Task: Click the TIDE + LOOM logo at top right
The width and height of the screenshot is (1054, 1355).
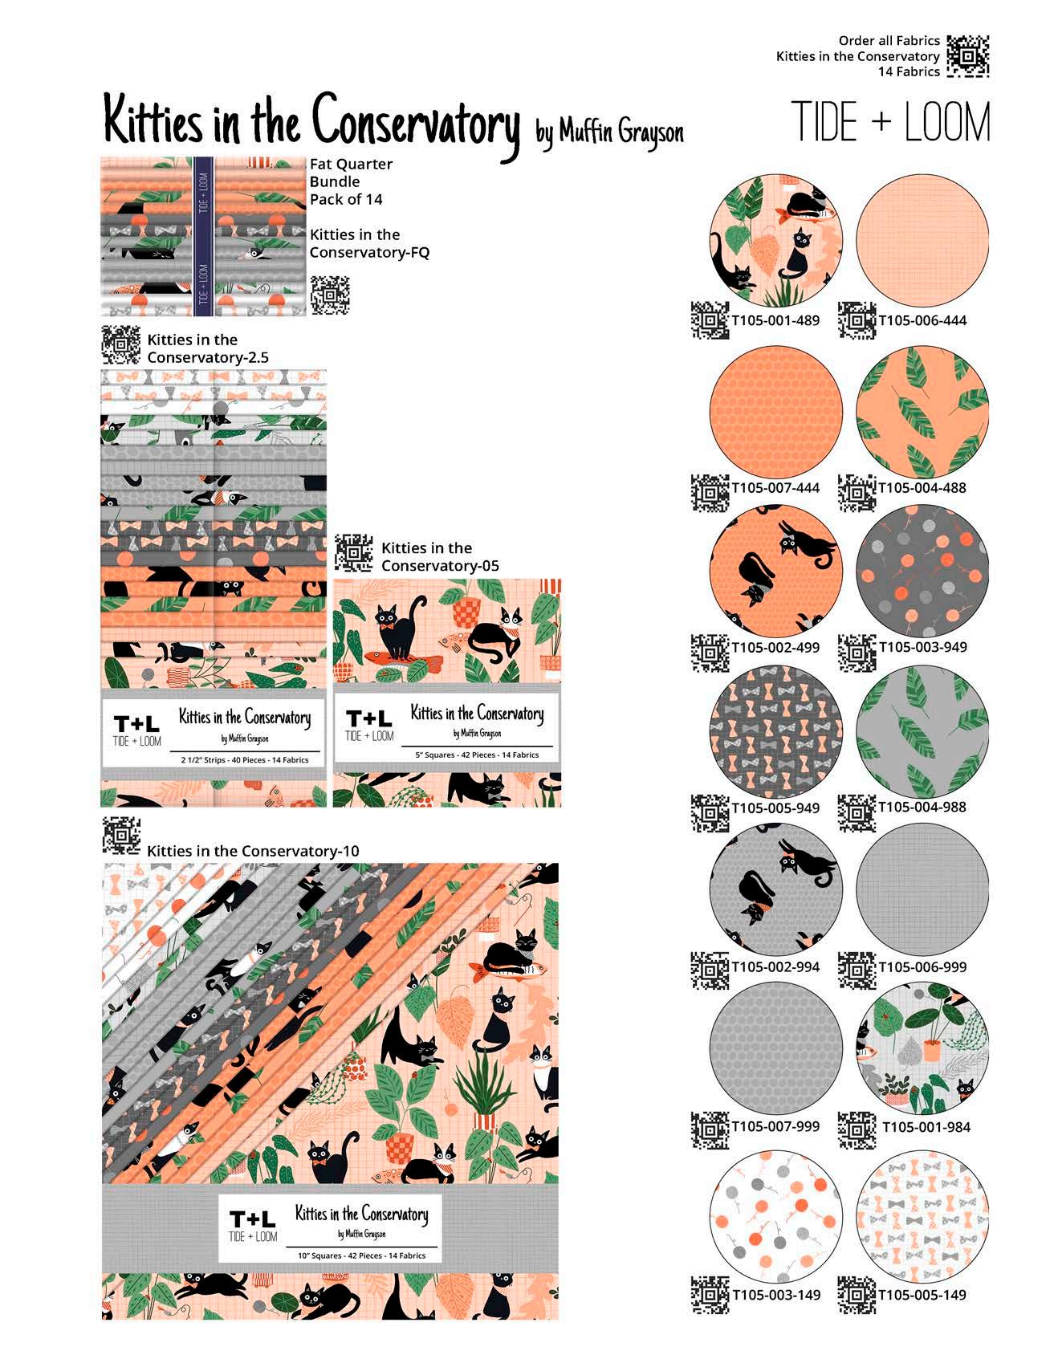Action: tap(890, 123)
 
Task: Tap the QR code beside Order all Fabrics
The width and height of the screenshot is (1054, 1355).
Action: tap(967, 56)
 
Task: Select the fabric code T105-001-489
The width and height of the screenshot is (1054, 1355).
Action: tap(775, 320)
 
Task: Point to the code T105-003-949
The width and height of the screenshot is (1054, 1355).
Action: tap(923, 647)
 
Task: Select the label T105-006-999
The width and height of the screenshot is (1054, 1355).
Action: tap(923, 967)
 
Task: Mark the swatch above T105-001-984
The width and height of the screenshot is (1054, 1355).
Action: tap(923, 1048)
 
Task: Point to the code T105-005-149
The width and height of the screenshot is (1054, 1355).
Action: tap(923, 1295)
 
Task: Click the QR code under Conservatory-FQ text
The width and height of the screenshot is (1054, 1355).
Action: tap(330, 295)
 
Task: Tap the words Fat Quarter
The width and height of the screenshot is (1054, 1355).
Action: tap(352, 164)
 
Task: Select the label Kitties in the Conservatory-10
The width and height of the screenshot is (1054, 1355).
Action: tap(253, 851)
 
